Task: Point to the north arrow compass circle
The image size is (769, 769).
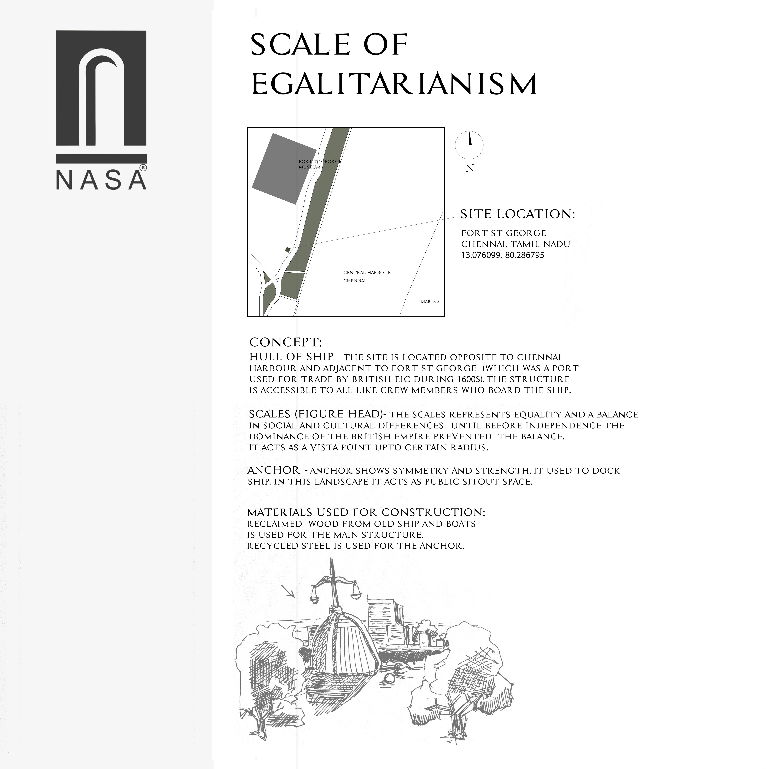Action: pyautogui.click(x=469, y=145)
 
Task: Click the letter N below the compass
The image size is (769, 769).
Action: pyautogui.click(x=470, y=168)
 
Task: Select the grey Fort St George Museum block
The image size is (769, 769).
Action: pyautogui.click(x=284, y=169)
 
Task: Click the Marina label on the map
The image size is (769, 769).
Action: pyautogui.click(x=430, y=302)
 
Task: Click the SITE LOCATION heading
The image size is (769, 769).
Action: pyautogui.click(x=517, y=214)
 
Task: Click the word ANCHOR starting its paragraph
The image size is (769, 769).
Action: pyautogui.click(x=273, y=470)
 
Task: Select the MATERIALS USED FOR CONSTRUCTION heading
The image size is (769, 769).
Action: pyautogui.click(x=366, y=512)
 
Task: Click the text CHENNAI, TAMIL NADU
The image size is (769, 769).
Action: pyautogui.click(x=515, y=244)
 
